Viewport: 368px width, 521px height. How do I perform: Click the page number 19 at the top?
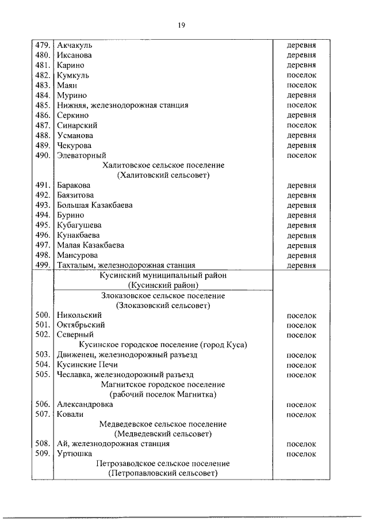[x=181, y=25]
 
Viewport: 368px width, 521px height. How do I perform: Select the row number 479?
[x=43, y=45]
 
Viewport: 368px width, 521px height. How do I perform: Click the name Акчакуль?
[x=75, y=45]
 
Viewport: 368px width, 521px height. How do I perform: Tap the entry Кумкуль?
[x=73, y=75]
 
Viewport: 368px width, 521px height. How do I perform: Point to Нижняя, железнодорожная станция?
[x=122, y=105]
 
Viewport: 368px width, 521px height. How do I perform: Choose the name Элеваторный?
[x=82, y=155]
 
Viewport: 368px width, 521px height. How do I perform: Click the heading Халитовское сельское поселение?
[x=163, y=165]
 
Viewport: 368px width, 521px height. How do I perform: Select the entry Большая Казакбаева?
[x=95, y=206]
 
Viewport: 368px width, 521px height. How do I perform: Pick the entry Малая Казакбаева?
[x=90, y=245]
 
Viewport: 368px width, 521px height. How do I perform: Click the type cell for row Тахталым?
[x=301, y=265]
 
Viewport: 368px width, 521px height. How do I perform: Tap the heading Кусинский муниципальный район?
[x=163, y=276]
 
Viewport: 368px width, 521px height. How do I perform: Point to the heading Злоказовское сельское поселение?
[x=163, y=296]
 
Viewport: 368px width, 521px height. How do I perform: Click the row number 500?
[x=43, y=315]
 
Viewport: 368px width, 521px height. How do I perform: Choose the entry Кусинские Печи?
[x=87, y=365]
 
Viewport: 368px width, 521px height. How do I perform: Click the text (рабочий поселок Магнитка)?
[x=163, y=395]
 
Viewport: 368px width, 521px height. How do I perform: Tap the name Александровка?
[x=85, y=405]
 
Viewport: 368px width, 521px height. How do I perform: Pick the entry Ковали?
[x=70, y=414]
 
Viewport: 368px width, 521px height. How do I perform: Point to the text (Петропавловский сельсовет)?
[x=163, y=474]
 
